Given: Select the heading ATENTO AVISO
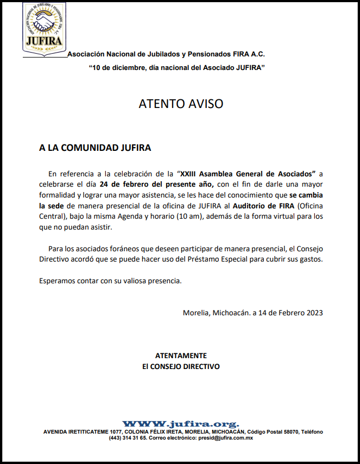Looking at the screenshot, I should coord(181,104).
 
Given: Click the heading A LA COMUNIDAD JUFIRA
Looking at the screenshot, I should coord(95,148).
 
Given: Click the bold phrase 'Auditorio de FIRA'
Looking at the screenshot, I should coord(263,206).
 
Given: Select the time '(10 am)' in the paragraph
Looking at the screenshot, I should coord(191,216).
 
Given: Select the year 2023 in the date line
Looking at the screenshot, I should coord(314,313).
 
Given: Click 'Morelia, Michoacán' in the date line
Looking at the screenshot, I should coord(216,313).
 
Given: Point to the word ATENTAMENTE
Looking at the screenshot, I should coord(181,355).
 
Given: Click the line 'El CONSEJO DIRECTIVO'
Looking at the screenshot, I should coord(181,366).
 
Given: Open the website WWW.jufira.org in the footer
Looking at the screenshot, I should coord(180,424).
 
